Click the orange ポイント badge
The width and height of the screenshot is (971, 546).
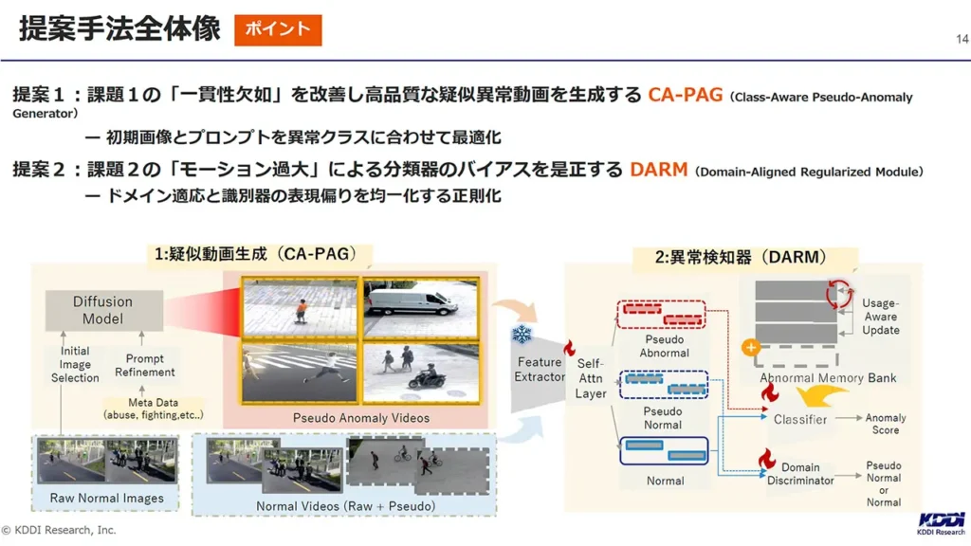[x=278, y=29]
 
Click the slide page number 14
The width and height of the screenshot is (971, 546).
[x=962, y=39]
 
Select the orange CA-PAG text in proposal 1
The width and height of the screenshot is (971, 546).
[x=685, y=95]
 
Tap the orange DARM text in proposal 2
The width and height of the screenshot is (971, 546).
[x=659, y=170]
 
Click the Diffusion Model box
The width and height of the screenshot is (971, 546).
[x=103, y=310]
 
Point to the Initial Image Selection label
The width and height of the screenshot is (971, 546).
[x=75, y=364]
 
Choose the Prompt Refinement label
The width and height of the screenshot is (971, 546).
[x=144, y=365]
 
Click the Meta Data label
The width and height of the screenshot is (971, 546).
[x=153, y=409]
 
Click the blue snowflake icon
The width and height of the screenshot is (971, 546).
[x=522, y=335]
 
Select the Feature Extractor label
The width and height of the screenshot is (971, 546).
[x=540, y=370]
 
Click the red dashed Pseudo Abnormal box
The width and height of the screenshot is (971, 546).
[x=661, y=315]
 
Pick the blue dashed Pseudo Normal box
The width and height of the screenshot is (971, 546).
[x=663, y=385]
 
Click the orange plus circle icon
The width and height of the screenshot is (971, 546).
[x=751, y=347]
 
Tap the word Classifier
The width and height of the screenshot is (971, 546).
[x=800, y=419]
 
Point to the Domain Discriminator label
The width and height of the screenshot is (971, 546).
[x=800, y=474]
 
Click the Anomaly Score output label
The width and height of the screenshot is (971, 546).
[x=886, y=424]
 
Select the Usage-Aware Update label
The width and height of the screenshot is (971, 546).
[x=881, y=317]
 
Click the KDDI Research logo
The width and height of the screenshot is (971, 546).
[x=942, y=523]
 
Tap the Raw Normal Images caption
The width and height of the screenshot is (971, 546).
[x=107, y=498]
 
